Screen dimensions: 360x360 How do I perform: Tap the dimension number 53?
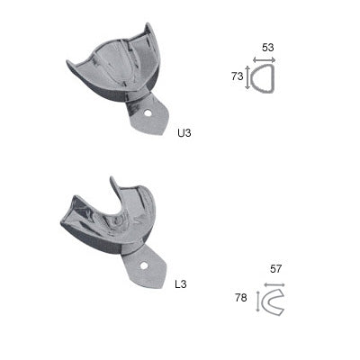(x=266, y=48)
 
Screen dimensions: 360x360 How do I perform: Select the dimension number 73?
(x=238, y=77)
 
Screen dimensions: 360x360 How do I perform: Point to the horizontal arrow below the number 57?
(x=271, y=284)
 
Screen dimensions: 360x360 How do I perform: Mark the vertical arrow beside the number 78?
(x=257, y=300)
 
